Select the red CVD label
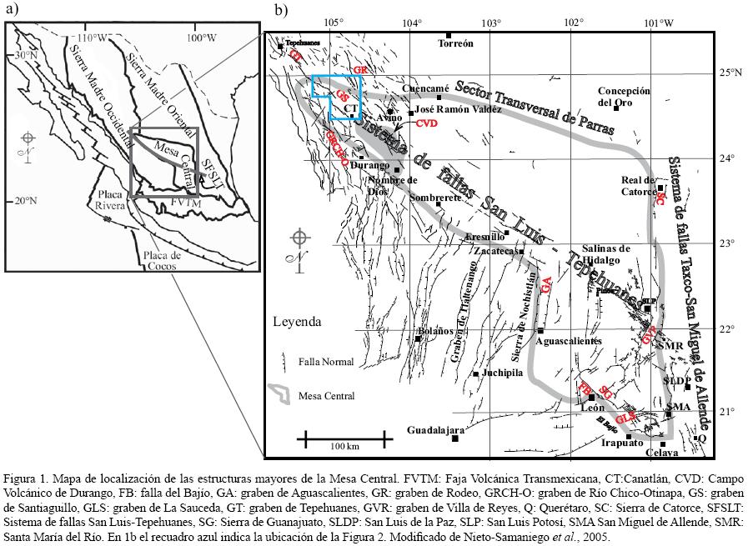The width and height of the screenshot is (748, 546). (426, 123)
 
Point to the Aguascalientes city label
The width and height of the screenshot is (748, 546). (568, 342)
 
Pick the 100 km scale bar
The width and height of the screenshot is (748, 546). (344, 436)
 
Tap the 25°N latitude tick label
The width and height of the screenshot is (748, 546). (730, 73)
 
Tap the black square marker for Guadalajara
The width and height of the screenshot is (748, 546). (454, 438)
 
